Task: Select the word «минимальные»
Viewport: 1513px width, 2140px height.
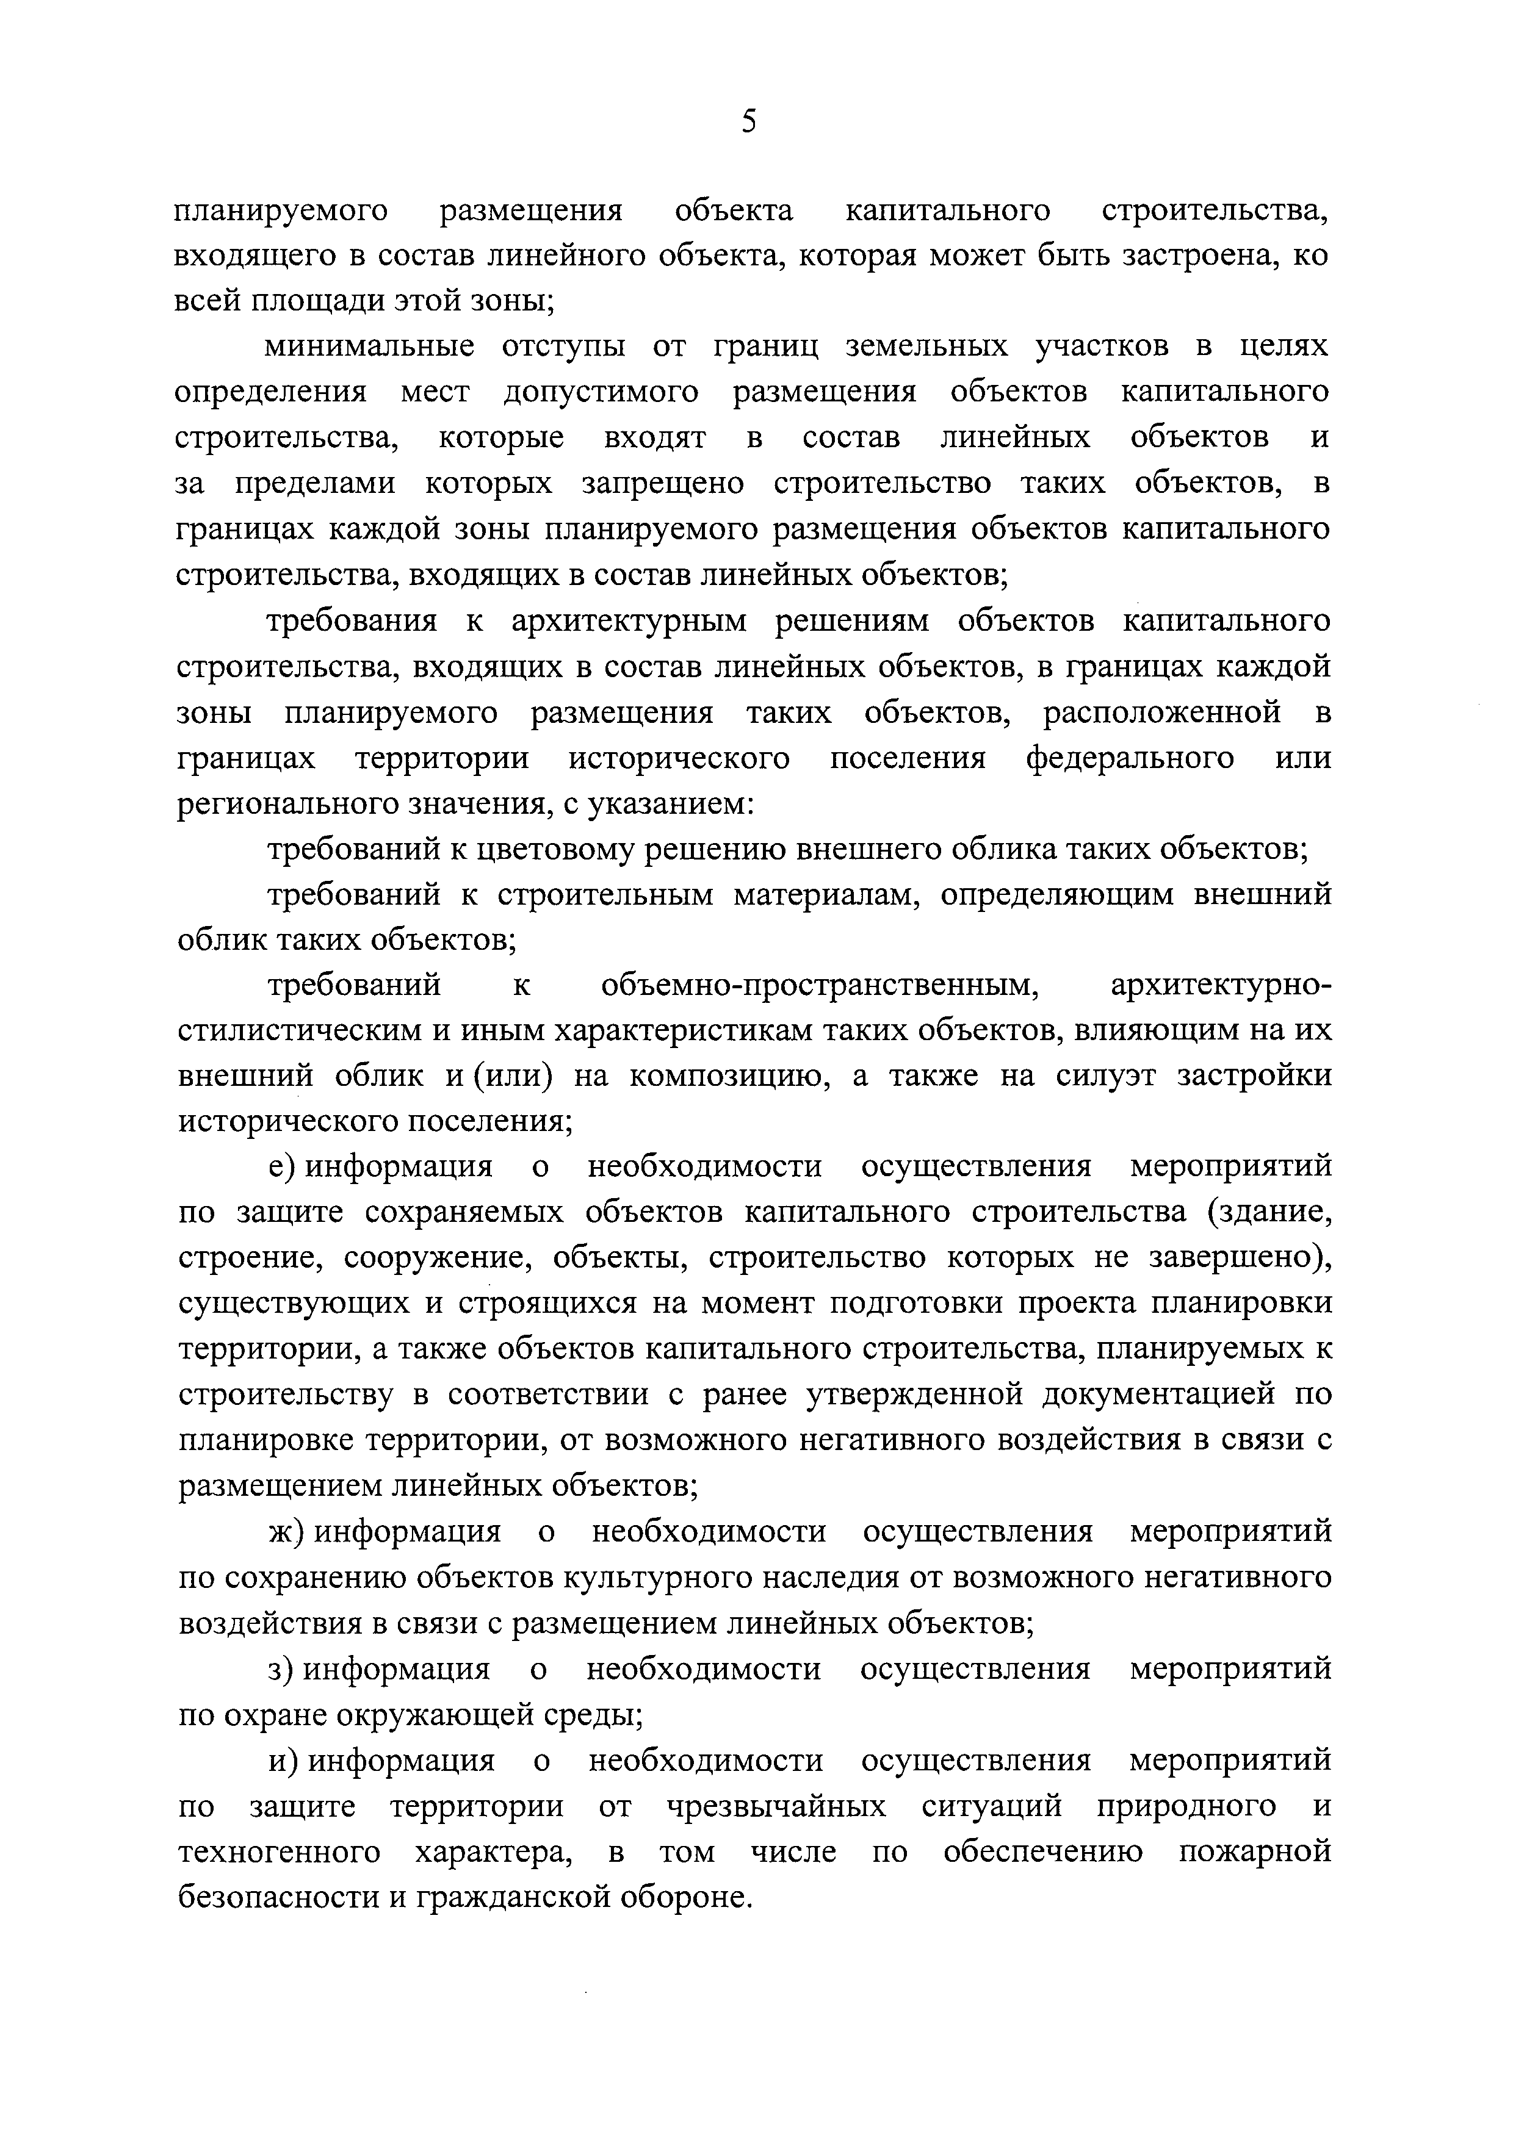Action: coord(369,346)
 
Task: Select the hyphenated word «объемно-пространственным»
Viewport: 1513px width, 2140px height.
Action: coord(820,986)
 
